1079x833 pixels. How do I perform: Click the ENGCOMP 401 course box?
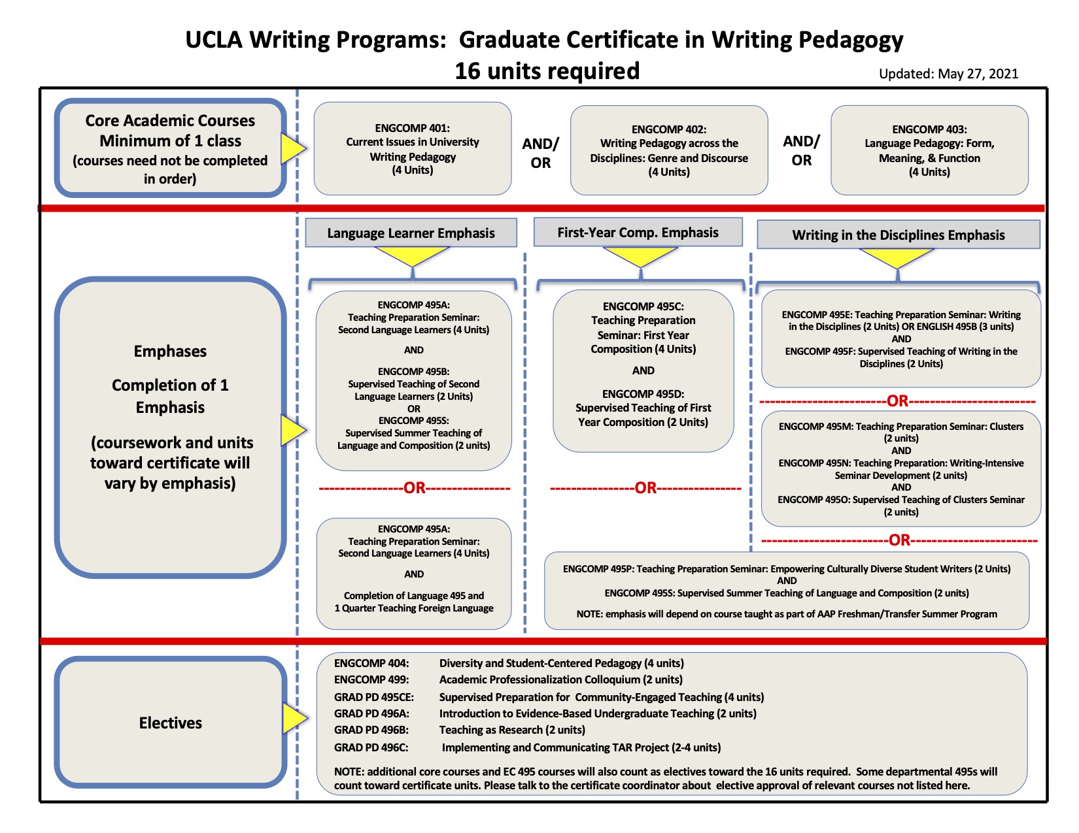click(x=412, y=148)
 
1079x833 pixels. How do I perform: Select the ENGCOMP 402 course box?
click(x=669, y=150)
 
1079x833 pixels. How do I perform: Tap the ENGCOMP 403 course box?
click(x=929, y=150)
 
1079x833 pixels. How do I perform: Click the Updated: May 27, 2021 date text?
click(x=948, y=74)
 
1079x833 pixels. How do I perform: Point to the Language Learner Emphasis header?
click(x=411, y=233)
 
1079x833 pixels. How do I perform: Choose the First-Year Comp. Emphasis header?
click(x=638, y=232)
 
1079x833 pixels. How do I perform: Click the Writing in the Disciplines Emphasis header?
click(x=899, y=234)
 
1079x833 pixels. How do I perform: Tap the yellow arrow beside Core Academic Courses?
click(x=293, y=148)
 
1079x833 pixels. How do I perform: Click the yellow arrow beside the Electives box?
click(x=295, y=718)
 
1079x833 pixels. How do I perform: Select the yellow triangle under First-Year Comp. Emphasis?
click(x=640, y=255)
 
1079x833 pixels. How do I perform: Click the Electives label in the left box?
click(x=170, y=723)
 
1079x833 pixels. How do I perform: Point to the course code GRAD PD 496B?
click(x=371, y=730)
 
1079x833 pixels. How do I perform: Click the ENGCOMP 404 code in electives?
click(x=371, y=663)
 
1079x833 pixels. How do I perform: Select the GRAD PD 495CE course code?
click(x=374, y=697)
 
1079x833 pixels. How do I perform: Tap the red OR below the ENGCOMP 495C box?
click(x=645, y=488)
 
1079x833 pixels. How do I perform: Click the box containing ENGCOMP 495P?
click(x=787, y=591)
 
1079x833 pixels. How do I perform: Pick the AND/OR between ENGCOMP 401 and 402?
click(x=540, y=154)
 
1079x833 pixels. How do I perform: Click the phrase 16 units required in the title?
click(x=547, y=71)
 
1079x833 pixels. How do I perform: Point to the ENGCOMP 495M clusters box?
click(x=900, y=469)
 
